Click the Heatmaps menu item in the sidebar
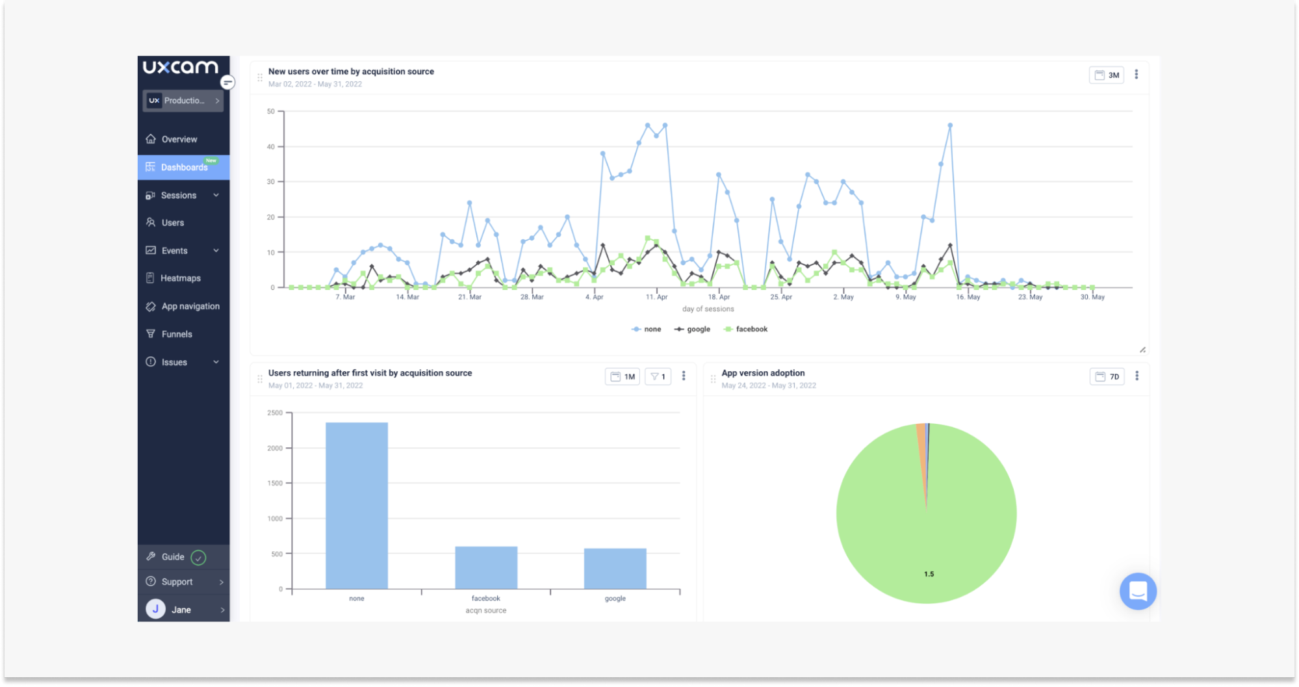click(x=180, y=278)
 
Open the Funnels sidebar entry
click(x=176, y=334)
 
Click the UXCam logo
click(x=181, y=67)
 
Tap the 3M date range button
click(x=1107, y=75)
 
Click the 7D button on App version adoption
click(x=1107, y=377)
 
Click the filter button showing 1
click(x=658, y=377)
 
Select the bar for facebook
click(x=486, y=567)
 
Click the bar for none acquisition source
click(x=357, y=506)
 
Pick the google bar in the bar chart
click(x=615, y=569)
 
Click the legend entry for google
click(x=693, y=330)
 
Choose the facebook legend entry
click(x=746, y=330)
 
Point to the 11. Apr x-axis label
click(x=656, y=297)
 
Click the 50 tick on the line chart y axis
click(x=271, y=112)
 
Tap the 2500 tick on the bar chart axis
click(x=275, y=413)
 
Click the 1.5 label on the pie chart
click(x=929, y=574)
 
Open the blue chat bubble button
click(x=1138, y=591)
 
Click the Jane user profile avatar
click(x=156, y=609)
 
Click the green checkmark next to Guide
click(x=199, y=558)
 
